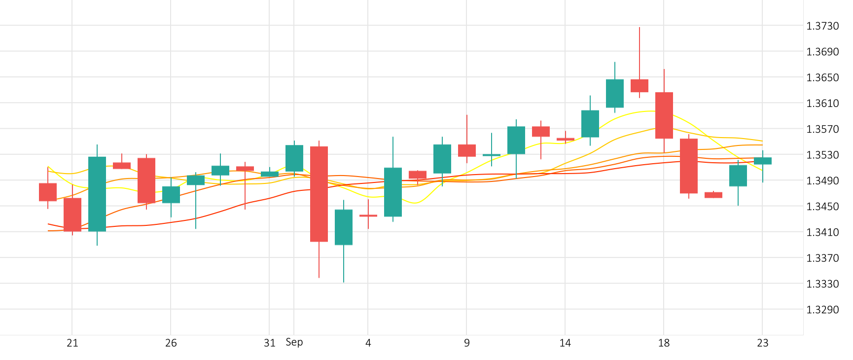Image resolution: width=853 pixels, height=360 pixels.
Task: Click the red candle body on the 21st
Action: click(72, 215)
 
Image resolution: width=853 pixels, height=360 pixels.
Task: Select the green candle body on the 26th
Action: click(171, 195)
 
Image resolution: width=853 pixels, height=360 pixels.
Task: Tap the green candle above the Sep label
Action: click(294, 158)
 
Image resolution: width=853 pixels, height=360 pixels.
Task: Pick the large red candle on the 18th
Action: click(664, 115)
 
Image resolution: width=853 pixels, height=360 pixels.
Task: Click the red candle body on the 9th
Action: click(467, 150)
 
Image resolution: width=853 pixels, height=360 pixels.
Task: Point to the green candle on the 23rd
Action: click(763, 161)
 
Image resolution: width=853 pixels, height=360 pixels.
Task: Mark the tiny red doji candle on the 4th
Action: click(368, 216)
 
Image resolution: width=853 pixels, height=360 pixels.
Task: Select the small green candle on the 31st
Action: click(270, 174)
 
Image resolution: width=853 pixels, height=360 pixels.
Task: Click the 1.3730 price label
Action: click(822, 26)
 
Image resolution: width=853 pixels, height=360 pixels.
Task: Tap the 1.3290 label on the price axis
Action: click(822, 310)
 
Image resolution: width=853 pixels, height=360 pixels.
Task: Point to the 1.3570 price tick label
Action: click(822, 129)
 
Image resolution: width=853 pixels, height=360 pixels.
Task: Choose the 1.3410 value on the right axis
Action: click(822, 232)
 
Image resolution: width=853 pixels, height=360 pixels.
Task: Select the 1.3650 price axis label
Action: click(822, 77)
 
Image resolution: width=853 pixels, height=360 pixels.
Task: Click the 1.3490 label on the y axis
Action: click(822, 181)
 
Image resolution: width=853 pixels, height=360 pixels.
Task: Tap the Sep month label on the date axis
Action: click(294, 342)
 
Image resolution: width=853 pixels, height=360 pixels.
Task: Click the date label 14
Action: click(565, 343)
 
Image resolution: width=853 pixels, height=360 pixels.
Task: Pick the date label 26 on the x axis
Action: click(171, 343)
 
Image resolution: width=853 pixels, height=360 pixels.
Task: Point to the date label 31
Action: click(269, 343)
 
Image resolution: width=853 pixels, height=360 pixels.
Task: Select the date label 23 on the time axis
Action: click(762, 343)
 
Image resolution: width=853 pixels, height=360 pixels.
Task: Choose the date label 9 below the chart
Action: click(467, 343)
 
